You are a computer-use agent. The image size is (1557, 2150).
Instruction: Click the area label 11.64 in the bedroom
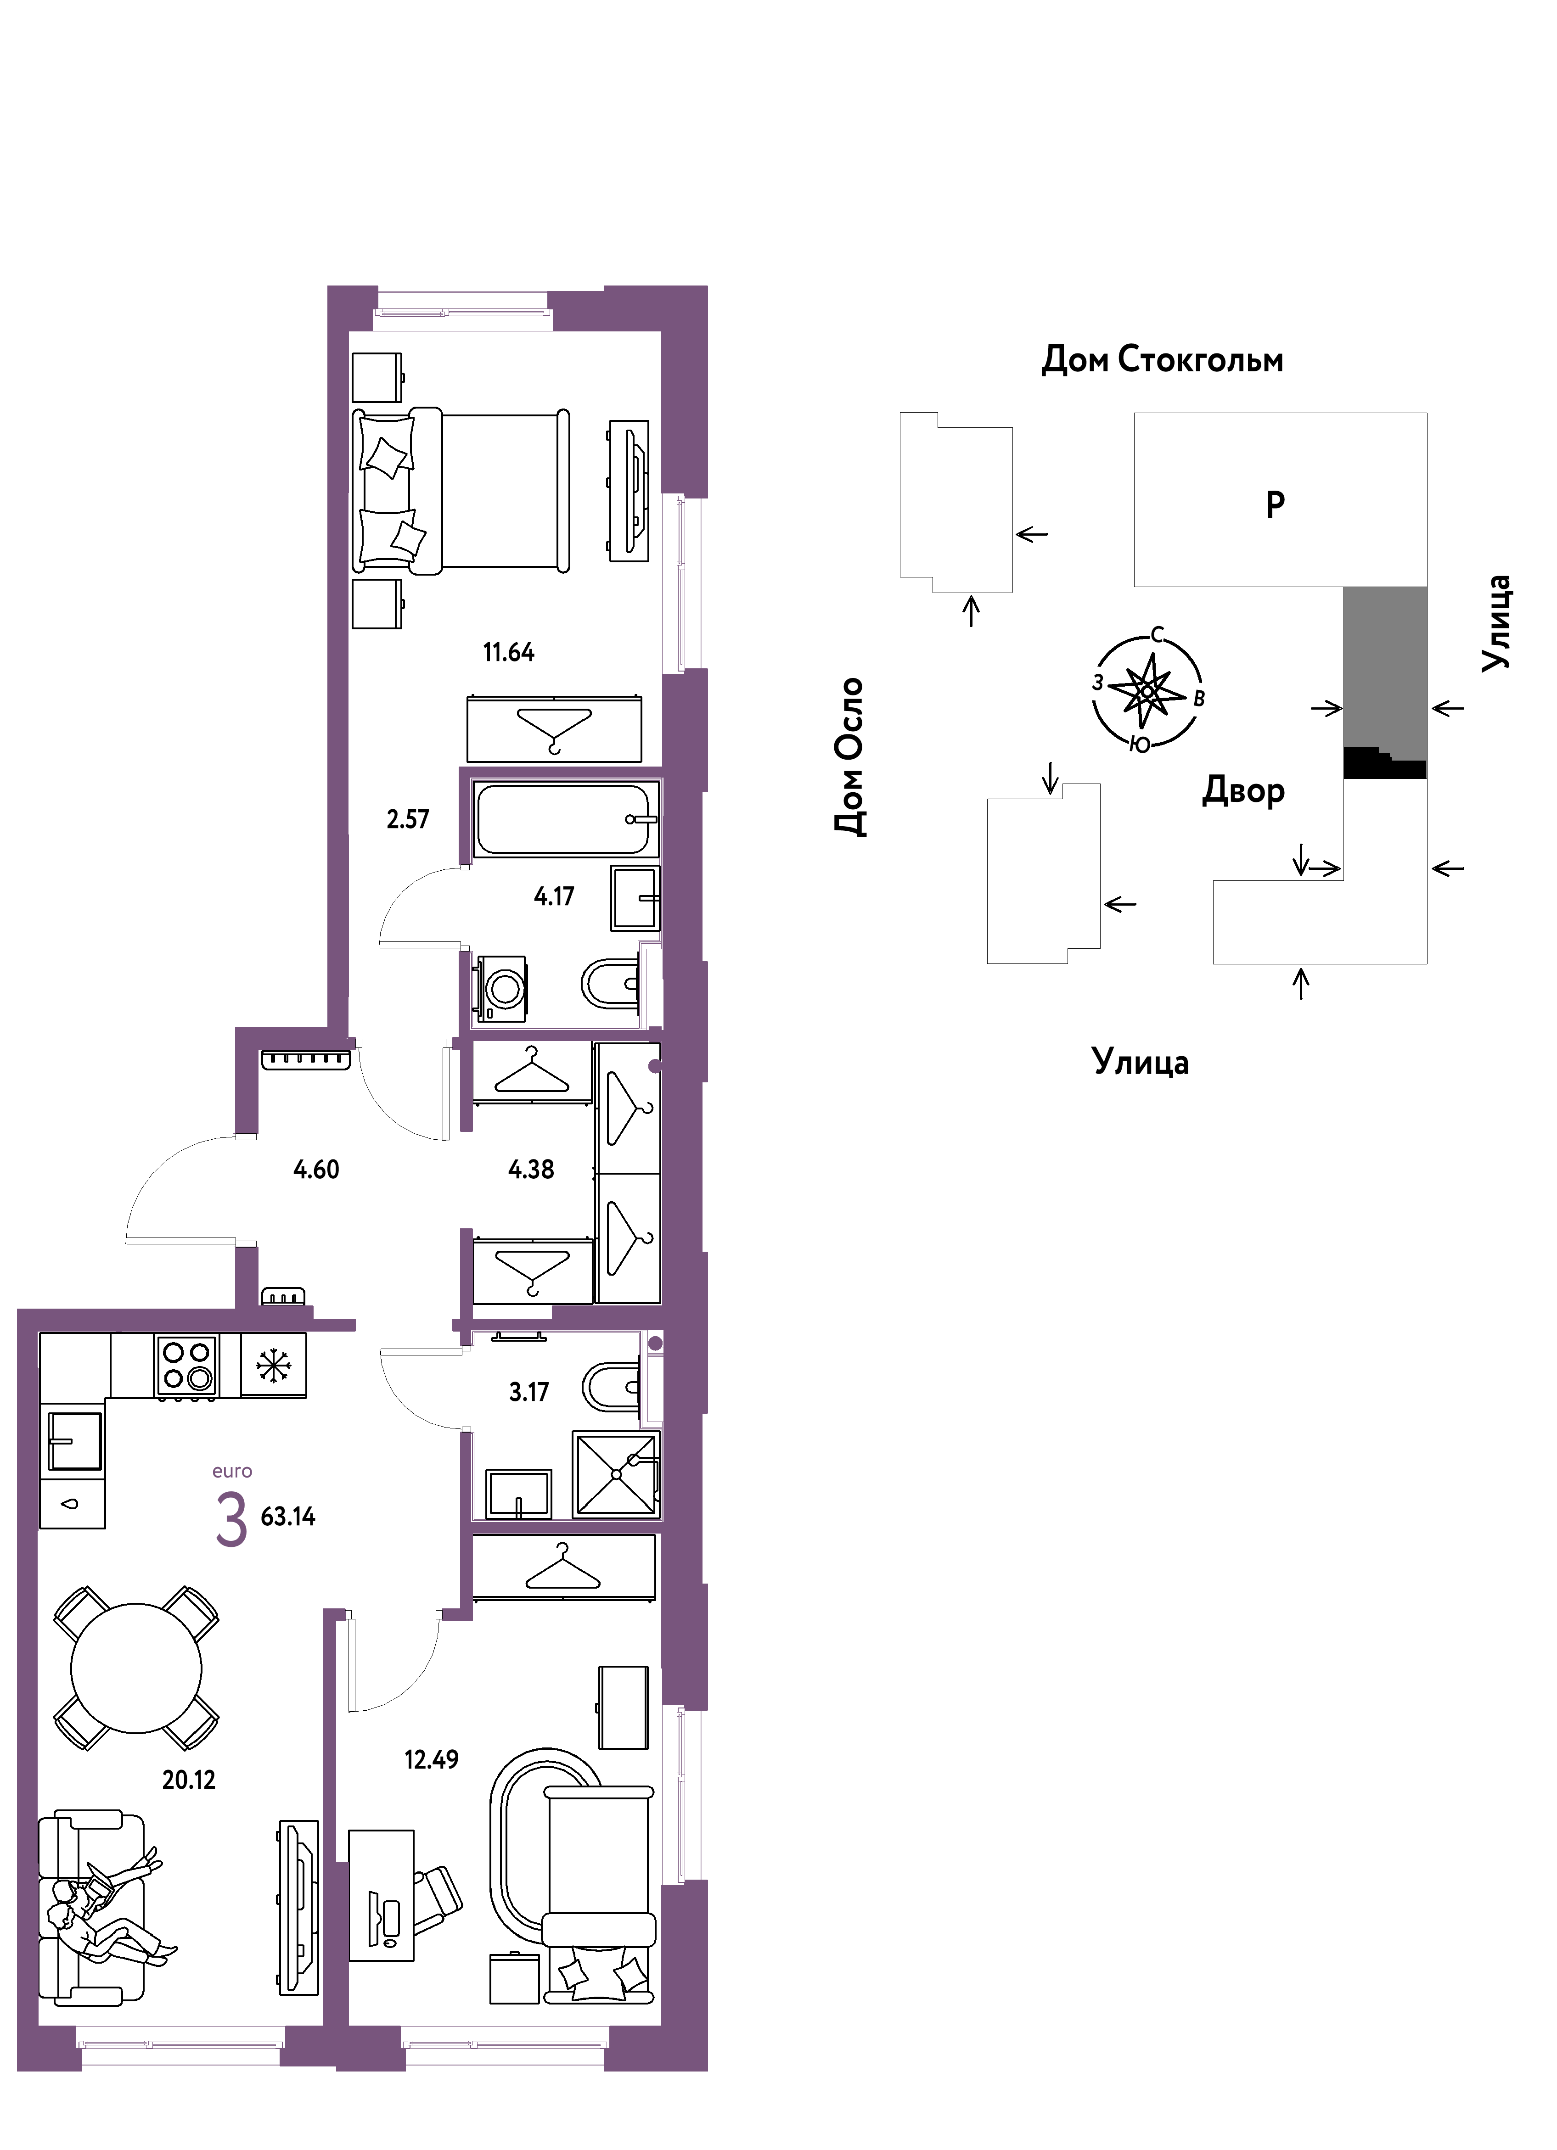508,652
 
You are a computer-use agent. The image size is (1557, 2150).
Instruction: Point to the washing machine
500,988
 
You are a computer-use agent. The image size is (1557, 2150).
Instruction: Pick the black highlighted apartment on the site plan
1384,763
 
